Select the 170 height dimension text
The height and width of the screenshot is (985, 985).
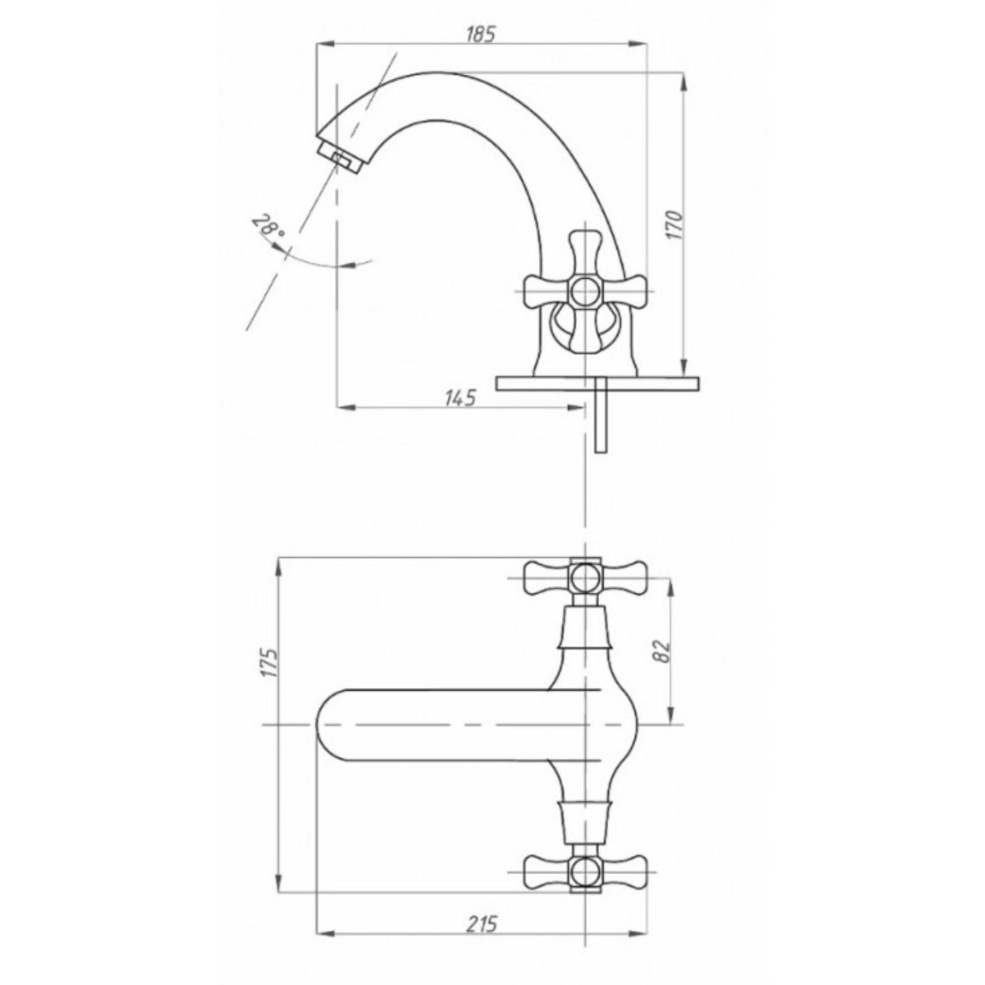click(675, 225)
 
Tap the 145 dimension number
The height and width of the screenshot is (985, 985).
click(460, 398)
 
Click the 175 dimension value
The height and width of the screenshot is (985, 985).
click(269, 662)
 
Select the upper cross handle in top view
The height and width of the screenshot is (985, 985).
click(584, 577)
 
